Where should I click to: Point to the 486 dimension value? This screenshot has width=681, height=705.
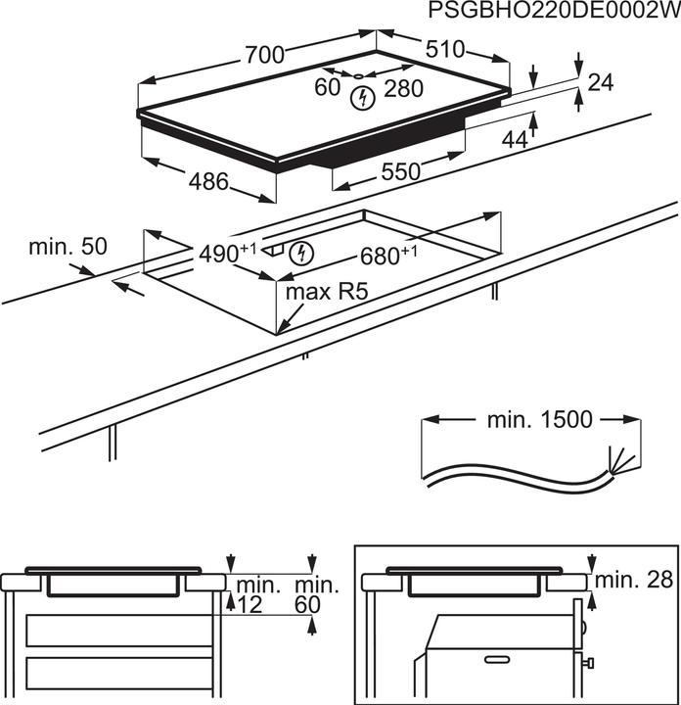pyautogui.click(x=208, y=181)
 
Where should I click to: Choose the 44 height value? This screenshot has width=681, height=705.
pyautogui.click(x=514, y=140)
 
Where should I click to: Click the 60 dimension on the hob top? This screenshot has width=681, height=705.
pyautogui.click(x=328, y=88)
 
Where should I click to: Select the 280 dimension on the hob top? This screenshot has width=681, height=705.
pyautogui.click(x=402, y=89)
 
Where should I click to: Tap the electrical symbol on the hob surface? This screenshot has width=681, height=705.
pyautogui.click(x=364, y=97)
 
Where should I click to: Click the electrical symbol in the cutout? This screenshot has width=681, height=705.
pyautogui.click(x=304, y=254)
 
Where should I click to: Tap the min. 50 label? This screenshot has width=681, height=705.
pyautogui.click(x=67, y=248)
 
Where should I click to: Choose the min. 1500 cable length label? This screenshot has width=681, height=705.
pyautogui.click(x=539, y=420)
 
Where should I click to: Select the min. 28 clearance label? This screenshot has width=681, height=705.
pyautogui.click(x=639, y=579)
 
